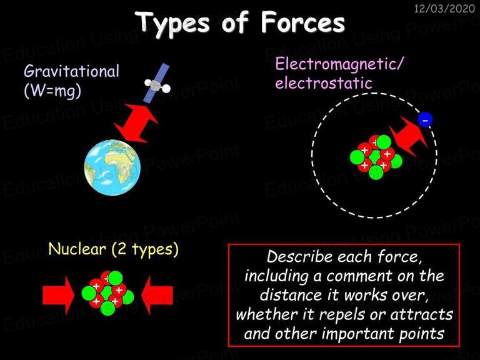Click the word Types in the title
172,24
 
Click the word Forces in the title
302,22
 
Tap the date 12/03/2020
444,8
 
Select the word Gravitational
72,71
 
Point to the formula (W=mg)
52,91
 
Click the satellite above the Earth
157,83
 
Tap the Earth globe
112,167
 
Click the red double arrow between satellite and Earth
136,123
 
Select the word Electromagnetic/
339,64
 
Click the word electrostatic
324,83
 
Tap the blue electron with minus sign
425,119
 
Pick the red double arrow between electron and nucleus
409,136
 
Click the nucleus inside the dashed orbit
376,157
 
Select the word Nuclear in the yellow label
77,249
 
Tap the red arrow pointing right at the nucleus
59,296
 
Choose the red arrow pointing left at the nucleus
157,296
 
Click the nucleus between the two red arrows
107,293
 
